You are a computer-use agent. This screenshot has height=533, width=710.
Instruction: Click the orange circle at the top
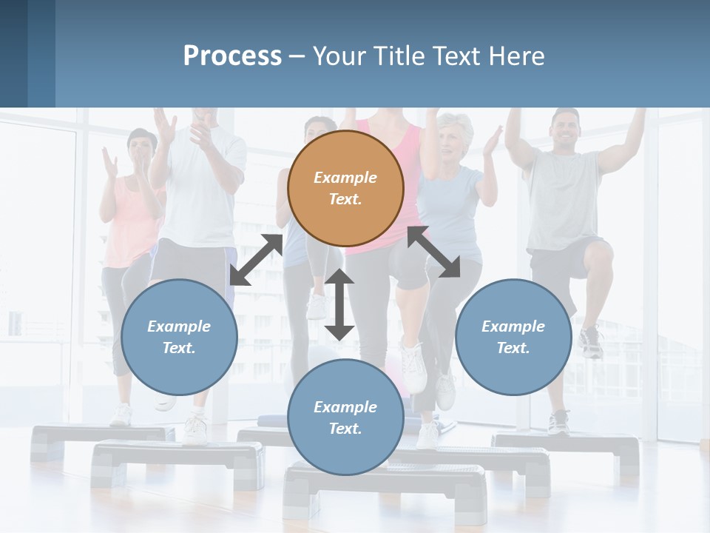pos(345,188)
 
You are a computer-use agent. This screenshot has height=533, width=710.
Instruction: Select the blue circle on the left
pos(179,337)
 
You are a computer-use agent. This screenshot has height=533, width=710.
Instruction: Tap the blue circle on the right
pos(513,337)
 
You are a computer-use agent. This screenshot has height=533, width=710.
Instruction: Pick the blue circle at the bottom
pos(345,418)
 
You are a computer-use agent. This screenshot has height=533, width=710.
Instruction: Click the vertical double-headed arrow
pos(339,304)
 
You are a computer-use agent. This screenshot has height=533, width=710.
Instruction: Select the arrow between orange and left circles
pos(256,260)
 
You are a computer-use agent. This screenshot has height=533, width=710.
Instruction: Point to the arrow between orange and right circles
pos(434,252)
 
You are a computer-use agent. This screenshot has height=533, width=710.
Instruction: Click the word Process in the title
pos(232,56)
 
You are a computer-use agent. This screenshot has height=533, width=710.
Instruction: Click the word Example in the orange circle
pos(345,178)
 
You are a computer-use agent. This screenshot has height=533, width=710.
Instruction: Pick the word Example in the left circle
pos(179,326)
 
